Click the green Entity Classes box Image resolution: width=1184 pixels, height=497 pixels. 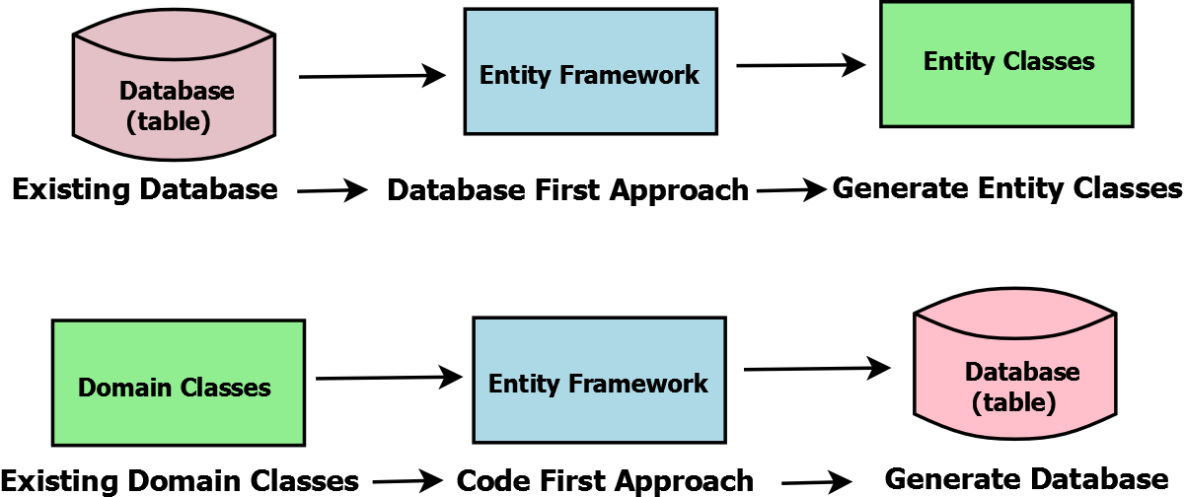click(1006, 64)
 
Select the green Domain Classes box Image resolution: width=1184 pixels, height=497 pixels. click(178, 383)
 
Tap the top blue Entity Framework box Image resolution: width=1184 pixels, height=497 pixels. click(590, 71)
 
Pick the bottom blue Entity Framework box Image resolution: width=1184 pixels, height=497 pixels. click(599, 381)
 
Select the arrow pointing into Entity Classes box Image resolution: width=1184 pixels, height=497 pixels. click(800, 66)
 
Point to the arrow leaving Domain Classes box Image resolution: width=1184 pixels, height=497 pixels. click(389, 377)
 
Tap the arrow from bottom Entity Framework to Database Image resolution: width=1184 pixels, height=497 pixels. click(816, 369)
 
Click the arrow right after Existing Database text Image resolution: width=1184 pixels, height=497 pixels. click(332, 191)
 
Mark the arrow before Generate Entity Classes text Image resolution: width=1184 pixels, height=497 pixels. click(791, 191)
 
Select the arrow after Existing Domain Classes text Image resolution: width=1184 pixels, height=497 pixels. click(407, 481)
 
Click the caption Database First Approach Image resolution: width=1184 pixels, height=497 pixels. click(567, 190)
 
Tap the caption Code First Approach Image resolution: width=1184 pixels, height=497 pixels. click(606, 481)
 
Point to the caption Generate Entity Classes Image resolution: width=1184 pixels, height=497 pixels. click(1007, 187)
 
